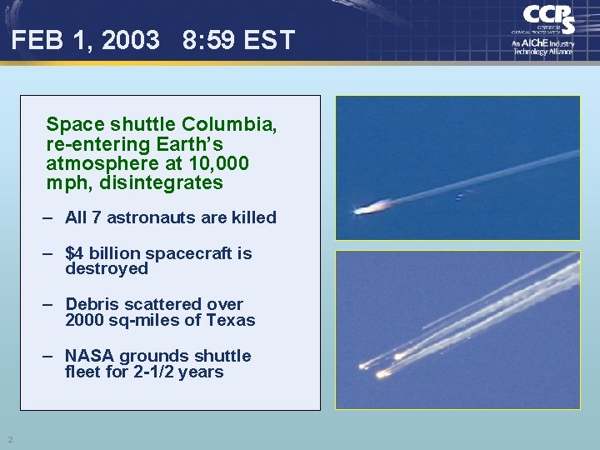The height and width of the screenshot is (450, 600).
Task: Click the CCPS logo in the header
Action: tap(549, 18)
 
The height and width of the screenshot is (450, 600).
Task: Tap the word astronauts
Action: tap(157, 217)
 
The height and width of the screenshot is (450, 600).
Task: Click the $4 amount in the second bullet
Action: tap(74, 253)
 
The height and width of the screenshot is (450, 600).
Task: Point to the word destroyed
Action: tap(106, 268)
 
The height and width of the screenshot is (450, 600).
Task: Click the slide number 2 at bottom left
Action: tap(9, 439)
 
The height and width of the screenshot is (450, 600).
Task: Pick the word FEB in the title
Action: tap(34, 39)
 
